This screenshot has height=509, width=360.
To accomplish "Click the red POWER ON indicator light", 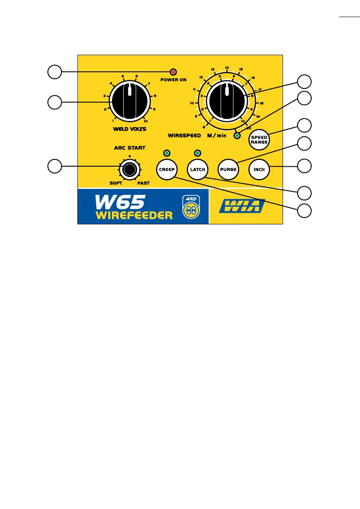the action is click(174, 72).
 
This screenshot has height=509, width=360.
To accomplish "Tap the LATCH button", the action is click(198, 169).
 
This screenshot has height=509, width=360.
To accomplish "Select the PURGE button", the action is click(228, 169).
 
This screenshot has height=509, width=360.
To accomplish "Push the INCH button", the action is click(259, 169).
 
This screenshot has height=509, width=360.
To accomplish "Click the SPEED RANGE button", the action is click(259, 140).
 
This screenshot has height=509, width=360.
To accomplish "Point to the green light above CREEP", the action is click(167, 153).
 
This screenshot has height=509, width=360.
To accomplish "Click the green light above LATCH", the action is click(198, 153).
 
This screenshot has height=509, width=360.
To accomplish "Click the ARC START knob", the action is click(129, 170).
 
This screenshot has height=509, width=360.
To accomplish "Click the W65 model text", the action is click(120, 201).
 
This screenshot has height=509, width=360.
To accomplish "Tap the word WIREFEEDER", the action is click(133, 214).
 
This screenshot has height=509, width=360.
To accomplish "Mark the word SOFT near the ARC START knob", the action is click(116, 183).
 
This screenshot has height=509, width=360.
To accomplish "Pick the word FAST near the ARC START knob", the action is click(143, 183).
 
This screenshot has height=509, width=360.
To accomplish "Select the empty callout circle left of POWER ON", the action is click(54, 72).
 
